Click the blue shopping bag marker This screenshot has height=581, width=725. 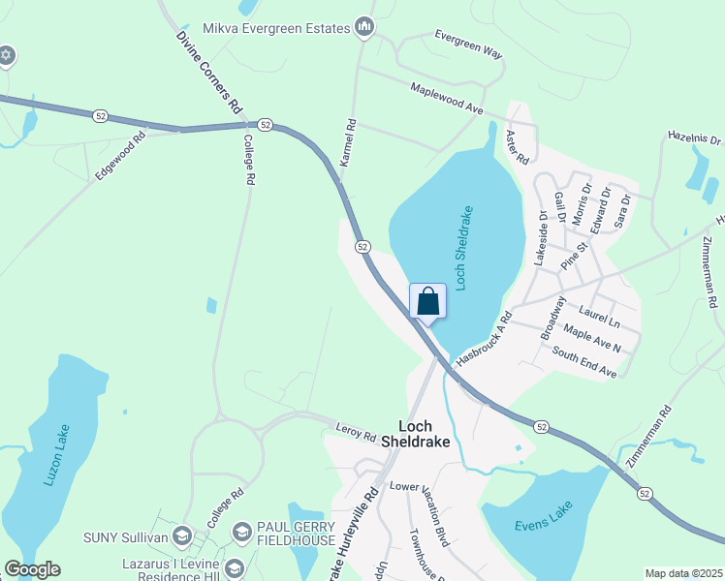[427, 301]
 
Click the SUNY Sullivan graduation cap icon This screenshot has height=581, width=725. [181, 535]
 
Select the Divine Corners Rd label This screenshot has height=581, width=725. [208, 74]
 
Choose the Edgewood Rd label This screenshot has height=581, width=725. [120, 155]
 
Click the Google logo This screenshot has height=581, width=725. [32, 569]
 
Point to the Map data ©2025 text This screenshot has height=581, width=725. [683, 573]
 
